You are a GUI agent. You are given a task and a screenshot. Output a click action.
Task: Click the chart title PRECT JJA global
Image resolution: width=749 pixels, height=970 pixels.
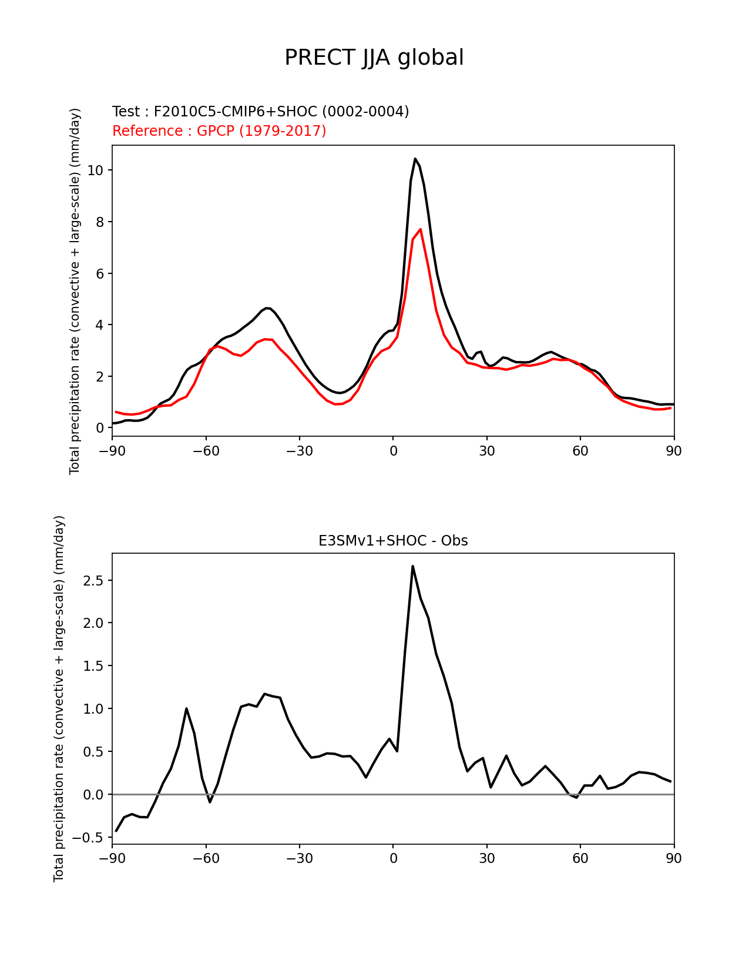coord(374,58)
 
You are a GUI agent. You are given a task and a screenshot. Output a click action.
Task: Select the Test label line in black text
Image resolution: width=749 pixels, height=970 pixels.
coord(260,112)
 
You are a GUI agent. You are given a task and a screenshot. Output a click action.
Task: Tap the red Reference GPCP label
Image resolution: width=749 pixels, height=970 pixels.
coord(219,131)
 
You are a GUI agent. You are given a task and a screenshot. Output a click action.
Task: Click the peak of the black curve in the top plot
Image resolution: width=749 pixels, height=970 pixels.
coord(415,159)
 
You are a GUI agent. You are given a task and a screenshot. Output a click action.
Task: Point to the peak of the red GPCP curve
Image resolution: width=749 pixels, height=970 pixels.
coord(420,229)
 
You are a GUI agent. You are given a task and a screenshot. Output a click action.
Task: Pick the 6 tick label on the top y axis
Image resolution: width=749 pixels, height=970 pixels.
coord(99,274)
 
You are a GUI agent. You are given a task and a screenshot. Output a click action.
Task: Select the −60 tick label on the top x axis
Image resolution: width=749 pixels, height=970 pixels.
coord(206,451)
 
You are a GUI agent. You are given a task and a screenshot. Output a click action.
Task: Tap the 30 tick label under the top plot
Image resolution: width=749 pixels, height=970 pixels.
coord(486,451)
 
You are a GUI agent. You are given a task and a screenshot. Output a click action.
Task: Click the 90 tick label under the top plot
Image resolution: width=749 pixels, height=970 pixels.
coord(674,451)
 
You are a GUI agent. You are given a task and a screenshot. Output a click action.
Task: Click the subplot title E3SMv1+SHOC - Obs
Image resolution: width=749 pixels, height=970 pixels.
coord(393,541)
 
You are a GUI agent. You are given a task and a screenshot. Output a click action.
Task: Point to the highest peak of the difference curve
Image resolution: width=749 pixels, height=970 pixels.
coord(412,566)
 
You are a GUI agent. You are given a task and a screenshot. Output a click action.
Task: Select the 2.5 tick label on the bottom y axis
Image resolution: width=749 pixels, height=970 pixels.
coord(93,581)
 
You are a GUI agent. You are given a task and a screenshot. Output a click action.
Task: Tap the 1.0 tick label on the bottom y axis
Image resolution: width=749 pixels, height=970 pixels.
coord(93,709)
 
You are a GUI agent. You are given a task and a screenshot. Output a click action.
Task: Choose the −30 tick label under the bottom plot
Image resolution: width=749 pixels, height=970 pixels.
coord(299,859)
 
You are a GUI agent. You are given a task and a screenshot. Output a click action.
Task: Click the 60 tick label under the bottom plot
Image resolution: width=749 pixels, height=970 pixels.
coord(580,859)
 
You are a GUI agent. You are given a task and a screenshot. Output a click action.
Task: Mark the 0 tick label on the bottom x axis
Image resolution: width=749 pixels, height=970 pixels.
coord(393,859)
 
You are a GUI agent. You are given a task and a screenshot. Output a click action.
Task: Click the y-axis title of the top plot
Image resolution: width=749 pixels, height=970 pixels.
coord(75,291)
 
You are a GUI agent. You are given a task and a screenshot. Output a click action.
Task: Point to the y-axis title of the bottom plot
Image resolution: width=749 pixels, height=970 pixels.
coord(59,699)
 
